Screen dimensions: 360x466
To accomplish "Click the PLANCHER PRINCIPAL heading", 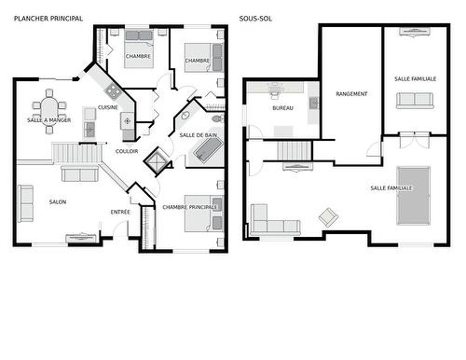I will (x=48, y=18).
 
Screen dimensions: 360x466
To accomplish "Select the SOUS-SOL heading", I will (x=258, y=18).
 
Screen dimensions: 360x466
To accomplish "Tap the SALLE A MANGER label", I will (x=48, y=120).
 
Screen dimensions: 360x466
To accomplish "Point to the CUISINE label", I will (x=108, y=108).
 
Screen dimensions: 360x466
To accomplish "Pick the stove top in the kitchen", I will (x=113, y=91).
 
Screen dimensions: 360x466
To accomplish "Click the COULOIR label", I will (x=128, y=150).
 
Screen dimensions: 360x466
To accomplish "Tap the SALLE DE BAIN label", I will (x=199, y=135).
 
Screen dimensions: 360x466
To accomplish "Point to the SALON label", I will (x=58, y=201).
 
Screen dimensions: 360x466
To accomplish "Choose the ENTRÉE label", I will (x=121, y=213).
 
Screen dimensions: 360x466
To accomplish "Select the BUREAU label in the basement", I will (x=282, y=108).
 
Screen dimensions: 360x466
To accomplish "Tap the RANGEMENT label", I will (x=351, y=93).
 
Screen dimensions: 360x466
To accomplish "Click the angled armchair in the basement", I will (x=328, y=216).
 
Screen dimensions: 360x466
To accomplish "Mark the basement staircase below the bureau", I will (x=294, y=149).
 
